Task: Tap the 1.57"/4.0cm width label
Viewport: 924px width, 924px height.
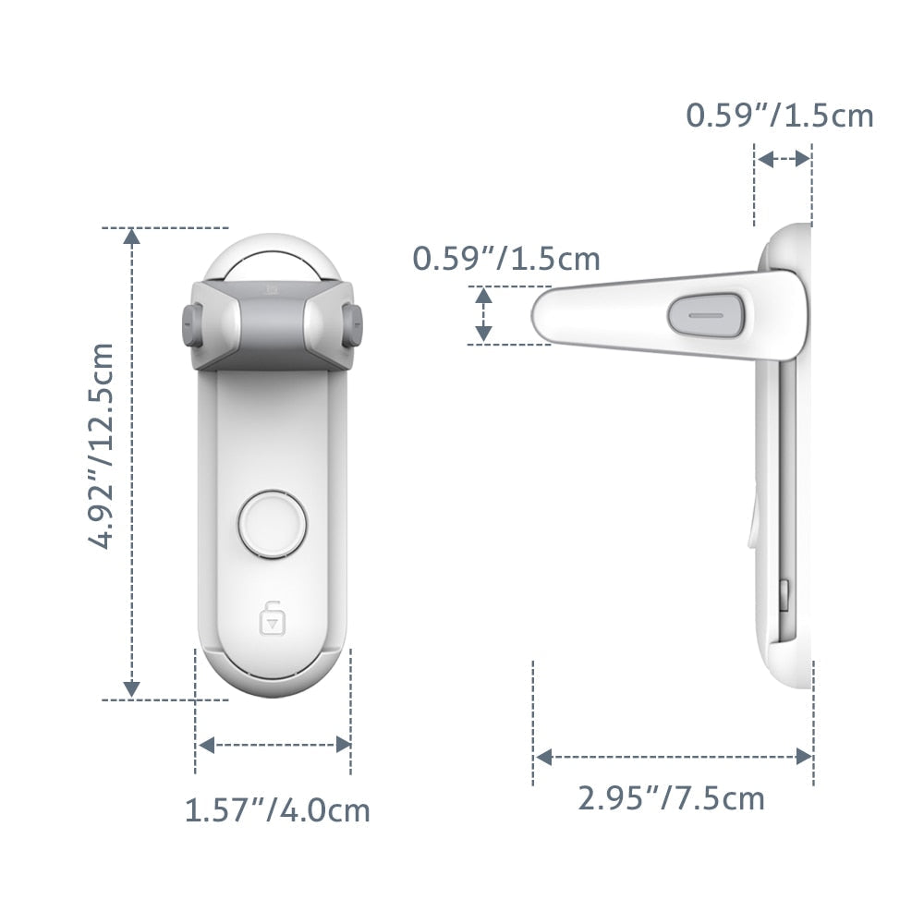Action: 277,810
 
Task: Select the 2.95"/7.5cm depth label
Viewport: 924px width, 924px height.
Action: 672,797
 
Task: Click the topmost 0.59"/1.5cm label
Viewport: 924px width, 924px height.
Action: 779,115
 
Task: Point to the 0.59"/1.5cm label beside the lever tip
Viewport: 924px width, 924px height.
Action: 506,259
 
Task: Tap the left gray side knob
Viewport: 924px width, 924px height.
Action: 192,325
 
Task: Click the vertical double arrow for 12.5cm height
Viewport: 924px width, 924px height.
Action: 132,463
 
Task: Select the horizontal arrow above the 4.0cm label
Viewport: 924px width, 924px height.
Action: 274,745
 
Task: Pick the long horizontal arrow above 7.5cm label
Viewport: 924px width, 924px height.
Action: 674,757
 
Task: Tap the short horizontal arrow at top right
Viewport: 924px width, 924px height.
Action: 784,159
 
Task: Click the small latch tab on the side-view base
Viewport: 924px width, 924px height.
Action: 784,596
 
